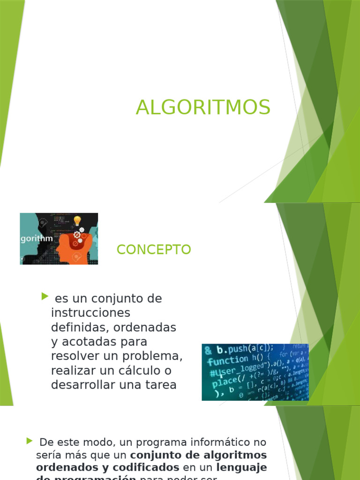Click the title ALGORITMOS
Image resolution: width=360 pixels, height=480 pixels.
[x=203, y=107]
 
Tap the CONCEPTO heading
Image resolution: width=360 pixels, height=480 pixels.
[x=154, y=250]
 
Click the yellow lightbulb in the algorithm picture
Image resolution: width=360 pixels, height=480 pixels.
[x=77, y=220]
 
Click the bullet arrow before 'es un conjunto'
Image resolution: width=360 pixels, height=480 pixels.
[x=45, y=296]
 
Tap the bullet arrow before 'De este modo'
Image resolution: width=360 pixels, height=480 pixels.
[x=30, y=441]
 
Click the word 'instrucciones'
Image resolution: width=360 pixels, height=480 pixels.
[x=90, y=313]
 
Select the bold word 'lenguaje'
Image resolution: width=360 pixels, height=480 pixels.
[x=241, y=467]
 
